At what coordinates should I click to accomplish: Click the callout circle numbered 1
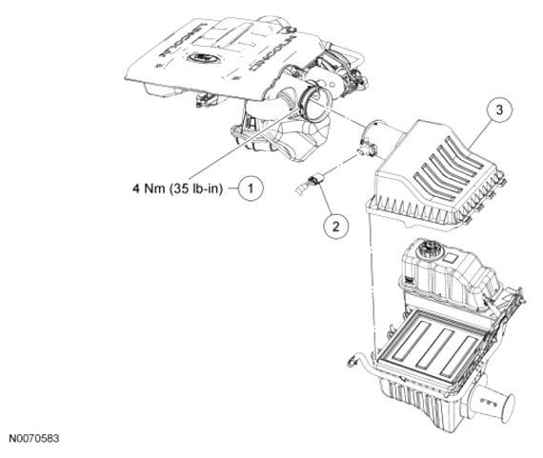point(251,189)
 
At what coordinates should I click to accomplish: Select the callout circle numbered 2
point(335,227)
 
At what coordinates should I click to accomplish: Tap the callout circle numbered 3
point(499,110)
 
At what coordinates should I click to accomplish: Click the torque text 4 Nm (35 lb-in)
point(177,189)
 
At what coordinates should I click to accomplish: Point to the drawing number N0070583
point(34,438)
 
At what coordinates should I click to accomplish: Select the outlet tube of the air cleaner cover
point(382,139)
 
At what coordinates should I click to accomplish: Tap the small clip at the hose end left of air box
point(351,362)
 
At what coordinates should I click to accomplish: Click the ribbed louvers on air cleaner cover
point(450,168)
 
